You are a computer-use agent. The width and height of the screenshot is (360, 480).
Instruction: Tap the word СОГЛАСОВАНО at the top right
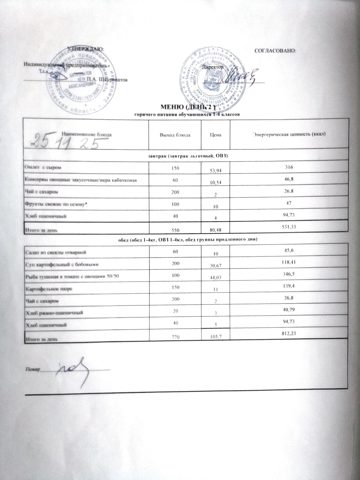[274, 51]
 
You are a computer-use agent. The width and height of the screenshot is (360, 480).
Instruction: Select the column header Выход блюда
[175, 135]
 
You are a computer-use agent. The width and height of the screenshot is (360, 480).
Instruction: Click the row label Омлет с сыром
[43, 167]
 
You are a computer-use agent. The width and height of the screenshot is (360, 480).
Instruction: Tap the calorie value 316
[290, 167]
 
